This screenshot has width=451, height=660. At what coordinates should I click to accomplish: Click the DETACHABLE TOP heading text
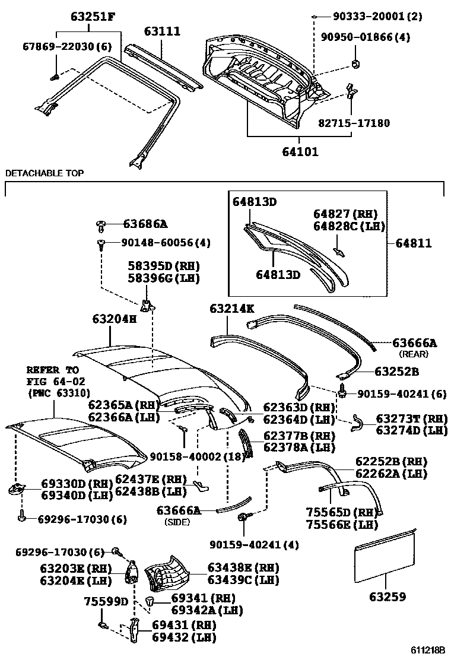(45, 173)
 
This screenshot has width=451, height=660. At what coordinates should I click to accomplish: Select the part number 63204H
(114, 319)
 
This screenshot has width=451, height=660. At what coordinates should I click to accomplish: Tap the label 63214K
(231, 309)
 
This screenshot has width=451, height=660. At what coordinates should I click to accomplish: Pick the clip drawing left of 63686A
(100, 225)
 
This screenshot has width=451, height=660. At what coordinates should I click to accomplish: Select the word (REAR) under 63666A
(414, 354)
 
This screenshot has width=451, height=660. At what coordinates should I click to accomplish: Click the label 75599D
(106, 601)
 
